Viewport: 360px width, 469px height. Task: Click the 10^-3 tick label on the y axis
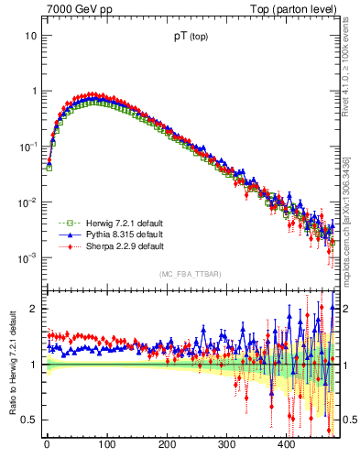27,258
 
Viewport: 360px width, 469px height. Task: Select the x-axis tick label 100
106,445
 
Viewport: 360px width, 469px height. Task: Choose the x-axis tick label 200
167,445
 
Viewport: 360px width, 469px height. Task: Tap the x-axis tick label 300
226,445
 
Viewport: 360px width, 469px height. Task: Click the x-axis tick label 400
287,445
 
